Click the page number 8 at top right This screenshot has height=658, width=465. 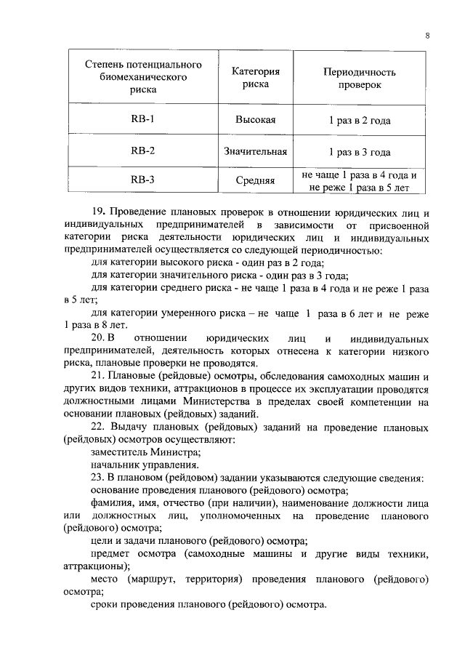click(x=427, y=36)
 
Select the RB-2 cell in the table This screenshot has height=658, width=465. click(x=143, y=152)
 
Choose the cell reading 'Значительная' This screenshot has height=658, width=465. click(x=255, y=152)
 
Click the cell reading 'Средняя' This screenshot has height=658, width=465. click(x=255, y=180)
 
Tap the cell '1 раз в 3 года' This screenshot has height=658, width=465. click(x=359, y=152)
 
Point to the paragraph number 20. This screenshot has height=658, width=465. click(x=98, y=339)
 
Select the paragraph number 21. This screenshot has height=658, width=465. click(x=98, y=376)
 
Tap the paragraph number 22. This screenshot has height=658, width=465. click(x=98, y=427)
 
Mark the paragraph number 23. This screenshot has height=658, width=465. click(x=98, y=477)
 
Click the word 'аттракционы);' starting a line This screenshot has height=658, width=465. click(x=97, y=566)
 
